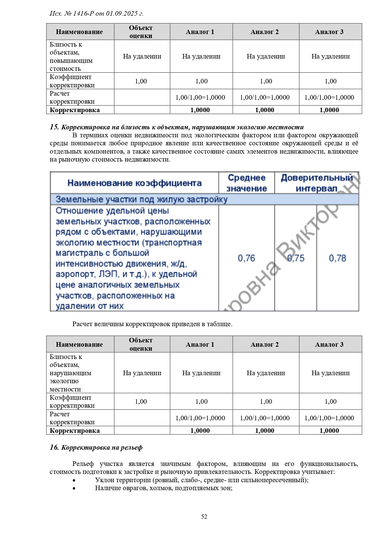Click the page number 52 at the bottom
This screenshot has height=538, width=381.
[204, 517]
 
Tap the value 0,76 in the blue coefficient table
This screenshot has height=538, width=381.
[246, 258]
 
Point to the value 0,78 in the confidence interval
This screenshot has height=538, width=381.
[337, 258]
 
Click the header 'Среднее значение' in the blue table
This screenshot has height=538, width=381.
[247, 183]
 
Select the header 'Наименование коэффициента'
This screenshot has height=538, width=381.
[134, 183]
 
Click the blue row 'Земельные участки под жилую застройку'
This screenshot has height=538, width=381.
[142, 199]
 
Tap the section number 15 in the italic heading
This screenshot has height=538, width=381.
[54, 127]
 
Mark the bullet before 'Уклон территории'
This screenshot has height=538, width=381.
[74, 480]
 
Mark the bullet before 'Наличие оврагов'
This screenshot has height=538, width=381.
[74, 488]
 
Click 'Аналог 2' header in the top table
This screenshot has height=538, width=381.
[264, 32]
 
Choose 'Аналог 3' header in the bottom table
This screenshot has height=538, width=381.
[329, 345]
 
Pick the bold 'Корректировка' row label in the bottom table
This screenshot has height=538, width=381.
[75, 430]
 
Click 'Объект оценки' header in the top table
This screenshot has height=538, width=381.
[141, 32]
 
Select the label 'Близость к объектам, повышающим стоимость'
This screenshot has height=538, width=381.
[71, 56]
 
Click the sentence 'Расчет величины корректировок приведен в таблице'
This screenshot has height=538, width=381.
[152, 324]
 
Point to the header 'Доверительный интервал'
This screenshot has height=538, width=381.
[317, 183]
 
